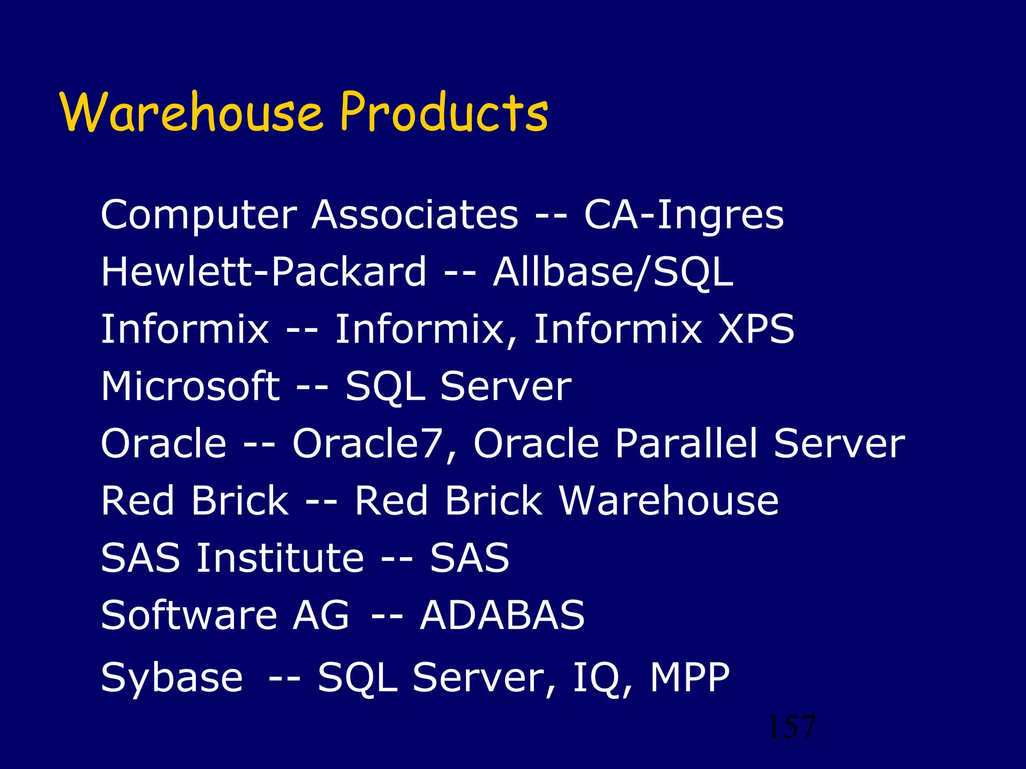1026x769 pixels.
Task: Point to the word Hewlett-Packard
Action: click(264, 271)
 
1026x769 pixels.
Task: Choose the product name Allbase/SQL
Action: click(613, 272)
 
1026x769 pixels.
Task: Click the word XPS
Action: click(756, 329)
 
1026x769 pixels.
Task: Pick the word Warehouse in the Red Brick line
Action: click(669, 501)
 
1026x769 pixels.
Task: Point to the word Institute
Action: click(280, 558)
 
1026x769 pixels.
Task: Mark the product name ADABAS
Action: click(502, 615)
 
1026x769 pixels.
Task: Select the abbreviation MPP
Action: click(690, 677)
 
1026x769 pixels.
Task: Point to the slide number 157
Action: click(792, 727)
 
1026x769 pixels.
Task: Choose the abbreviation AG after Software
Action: click(321, 615)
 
